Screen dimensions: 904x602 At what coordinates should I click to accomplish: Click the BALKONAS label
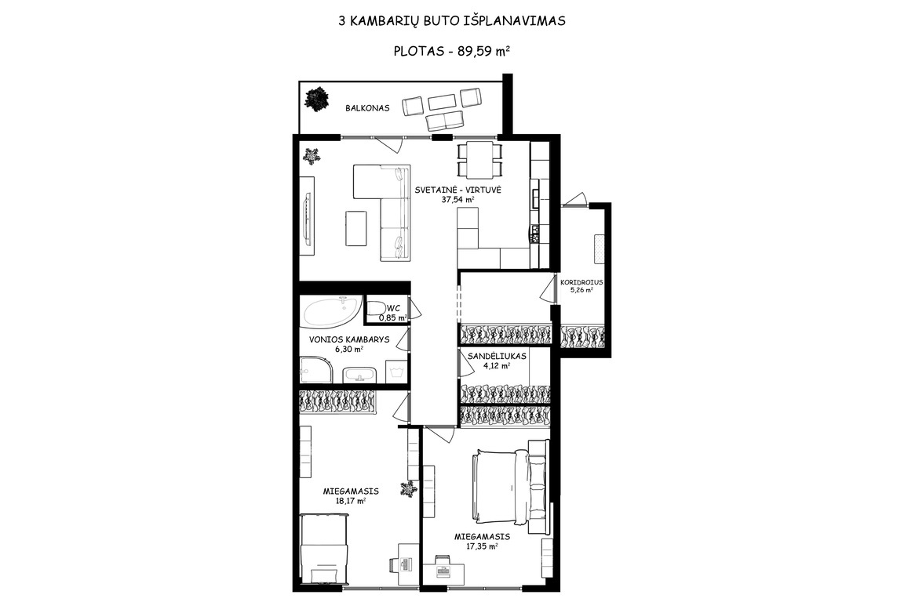pos(367,107)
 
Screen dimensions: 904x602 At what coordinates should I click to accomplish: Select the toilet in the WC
pos(377,310)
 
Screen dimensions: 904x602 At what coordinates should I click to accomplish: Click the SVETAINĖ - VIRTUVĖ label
pos(458,190)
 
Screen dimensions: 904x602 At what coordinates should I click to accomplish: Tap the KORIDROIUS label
pos(581,282)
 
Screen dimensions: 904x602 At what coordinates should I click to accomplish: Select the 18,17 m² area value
pos(351,501)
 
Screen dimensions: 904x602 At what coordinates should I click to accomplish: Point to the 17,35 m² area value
pos(481,546)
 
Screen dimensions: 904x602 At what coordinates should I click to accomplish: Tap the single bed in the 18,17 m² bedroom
pos(325,549)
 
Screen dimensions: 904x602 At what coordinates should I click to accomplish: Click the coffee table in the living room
pos(356,228)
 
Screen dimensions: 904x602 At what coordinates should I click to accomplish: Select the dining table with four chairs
pos(479,160)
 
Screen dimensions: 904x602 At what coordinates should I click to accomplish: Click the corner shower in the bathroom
pos(316,370)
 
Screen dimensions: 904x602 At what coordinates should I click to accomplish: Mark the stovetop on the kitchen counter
pos(536,233)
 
